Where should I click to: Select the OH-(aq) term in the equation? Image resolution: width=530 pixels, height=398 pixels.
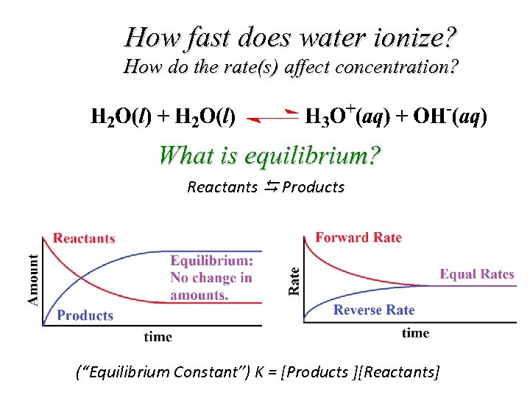point(450,116)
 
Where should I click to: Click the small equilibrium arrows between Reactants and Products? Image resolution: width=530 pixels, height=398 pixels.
point(270,186)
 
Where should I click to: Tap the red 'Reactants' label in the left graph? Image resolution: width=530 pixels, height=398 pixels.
point(84,238)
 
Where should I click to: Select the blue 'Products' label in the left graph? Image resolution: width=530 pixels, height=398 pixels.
point(85,315)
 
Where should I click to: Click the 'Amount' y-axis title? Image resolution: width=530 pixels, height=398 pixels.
point(33,280)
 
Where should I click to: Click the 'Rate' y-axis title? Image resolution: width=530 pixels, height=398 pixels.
point(294,282)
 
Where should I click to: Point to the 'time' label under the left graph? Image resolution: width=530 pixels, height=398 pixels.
point(158,337)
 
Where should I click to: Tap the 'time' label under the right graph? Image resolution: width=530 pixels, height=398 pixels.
point(415,333)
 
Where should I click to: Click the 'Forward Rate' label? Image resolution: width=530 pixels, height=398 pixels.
point(358,237)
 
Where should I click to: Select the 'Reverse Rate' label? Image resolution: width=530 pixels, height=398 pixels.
point(374,310)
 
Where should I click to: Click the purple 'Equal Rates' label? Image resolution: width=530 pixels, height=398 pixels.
point(477,274)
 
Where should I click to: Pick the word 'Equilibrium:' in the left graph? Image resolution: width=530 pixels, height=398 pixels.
point(211,260)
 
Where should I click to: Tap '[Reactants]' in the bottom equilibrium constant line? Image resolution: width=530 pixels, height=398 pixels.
point(401,372)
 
